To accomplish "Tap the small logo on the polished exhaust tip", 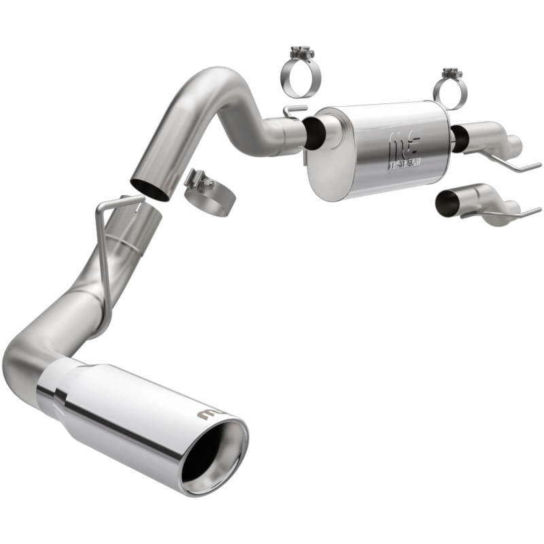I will tap(207, 414).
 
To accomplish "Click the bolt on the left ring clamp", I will tap(301, 52).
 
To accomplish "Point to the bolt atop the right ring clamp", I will tap(449, 73).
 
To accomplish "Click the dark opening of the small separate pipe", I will tap(447, 203).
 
